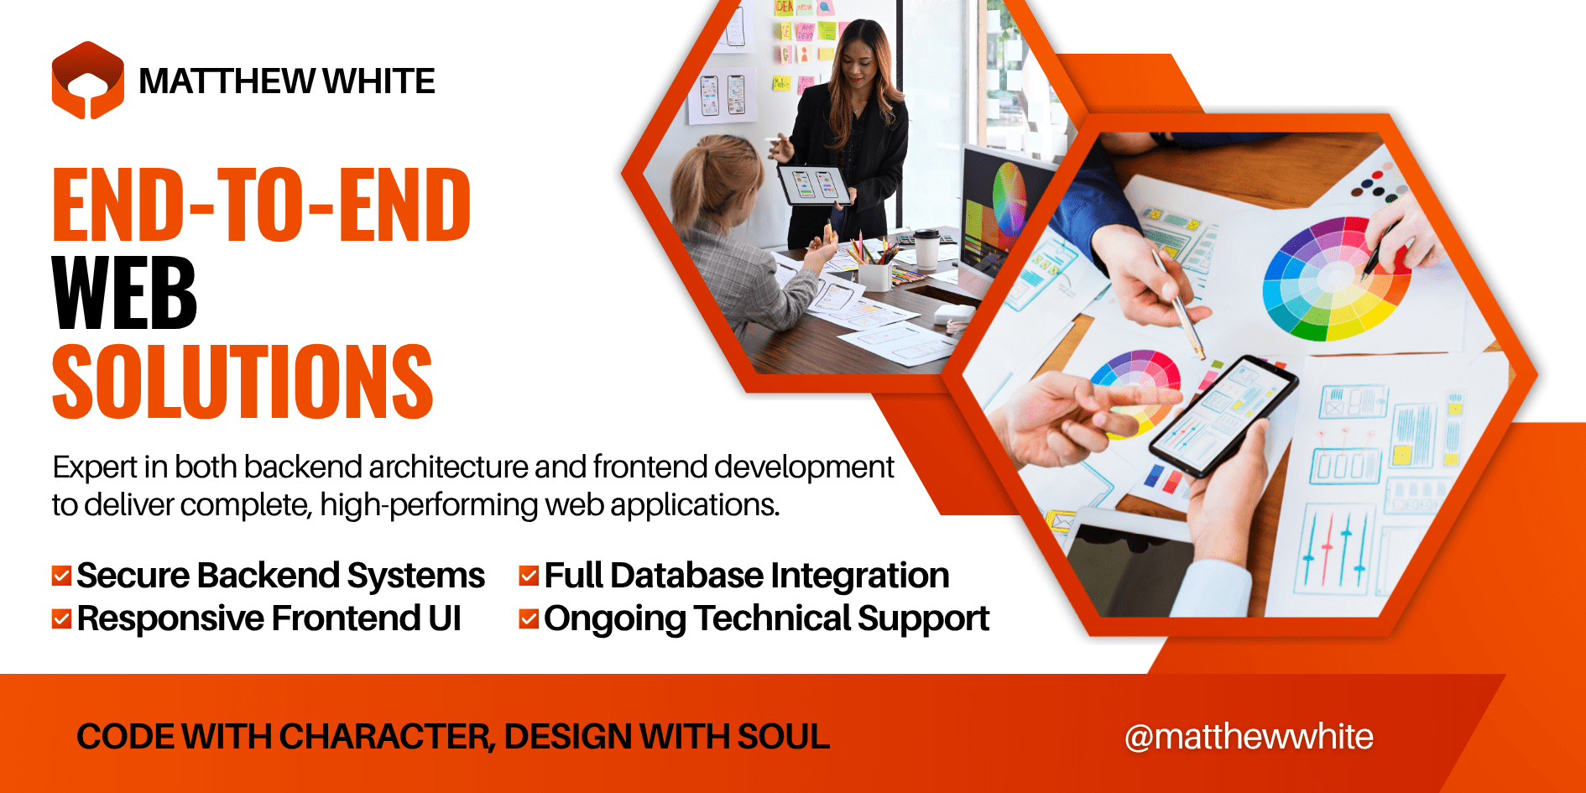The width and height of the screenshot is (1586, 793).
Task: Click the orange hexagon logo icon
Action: coord(87,81)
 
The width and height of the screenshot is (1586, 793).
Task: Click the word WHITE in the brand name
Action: coord(378,81)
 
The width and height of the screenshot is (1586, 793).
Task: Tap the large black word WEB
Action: coord(124,294)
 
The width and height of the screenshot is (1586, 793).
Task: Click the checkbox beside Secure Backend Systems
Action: coord(61,576)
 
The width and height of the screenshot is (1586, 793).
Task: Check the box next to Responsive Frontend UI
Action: coord(61,619)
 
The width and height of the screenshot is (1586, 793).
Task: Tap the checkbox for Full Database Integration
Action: coord(529,576)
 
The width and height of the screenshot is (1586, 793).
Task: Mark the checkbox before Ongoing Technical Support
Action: coord(529,619)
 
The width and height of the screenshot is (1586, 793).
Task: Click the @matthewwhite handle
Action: coord(1249,737)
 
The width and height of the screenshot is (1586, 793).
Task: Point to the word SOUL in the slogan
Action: coord(784,737)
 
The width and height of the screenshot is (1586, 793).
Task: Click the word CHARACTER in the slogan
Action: coord(385,737)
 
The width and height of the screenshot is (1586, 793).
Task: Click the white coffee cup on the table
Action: coord(926,248)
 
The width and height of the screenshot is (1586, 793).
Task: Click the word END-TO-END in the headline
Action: coord(261,206)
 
